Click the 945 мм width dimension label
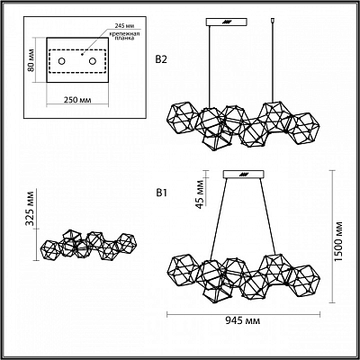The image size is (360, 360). point(242,321)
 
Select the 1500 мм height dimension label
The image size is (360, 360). point(338,242)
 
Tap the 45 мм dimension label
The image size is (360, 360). point(200,194)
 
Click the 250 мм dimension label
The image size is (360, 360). point(77,100)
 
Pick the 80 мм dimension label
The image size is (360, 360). point(30,63)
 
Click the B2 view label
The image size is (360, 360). point(161,60)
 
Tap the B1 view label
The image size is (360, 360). point(161,193)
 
